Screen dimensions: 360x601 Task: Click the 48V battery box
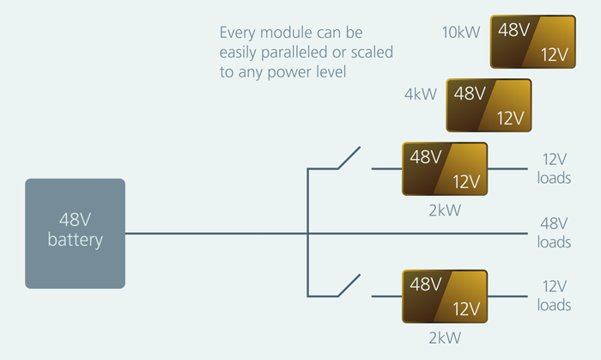75,233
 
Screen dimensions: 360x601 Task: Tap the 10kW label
461,34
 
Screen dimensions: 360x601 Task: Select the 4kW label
421,94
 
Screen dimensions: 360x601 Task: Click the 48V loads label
554,233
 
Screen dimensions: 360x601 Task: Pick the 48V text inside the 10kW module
513,31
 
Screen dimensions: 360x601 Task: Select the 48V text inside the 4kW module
469,93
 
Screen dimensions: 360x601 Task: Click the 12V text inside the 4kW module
511,118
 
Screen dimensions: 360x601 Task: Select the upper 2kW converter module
444,169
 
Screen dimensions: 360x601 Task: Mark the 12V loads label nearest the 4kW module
554,169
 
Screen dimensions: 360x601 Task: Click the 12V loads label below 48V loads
554,296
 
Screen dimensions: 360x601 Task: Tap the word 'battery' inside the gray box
75,241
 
